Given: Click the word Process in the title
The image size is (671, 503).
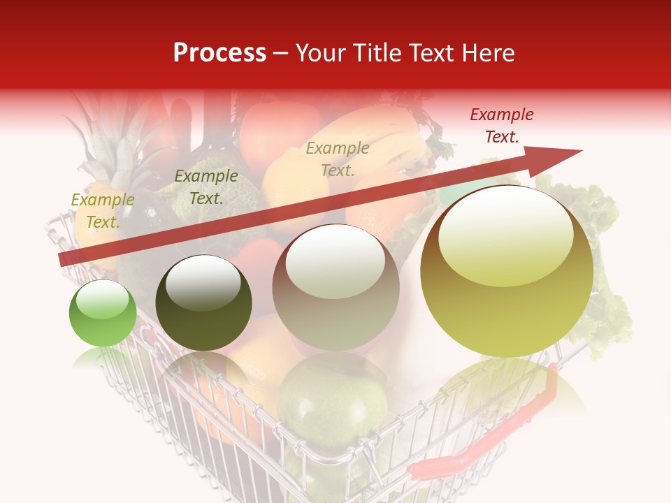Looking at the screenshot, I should (x=219, y=53).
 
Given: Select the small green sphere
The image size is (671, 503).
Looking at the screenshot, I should (x=103, y=314).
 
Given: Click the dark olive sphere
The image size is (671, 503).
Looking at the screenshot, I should (x=203, y=303).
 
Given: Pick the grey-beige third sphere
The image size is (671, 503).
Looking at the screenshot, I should (x=335, y=288).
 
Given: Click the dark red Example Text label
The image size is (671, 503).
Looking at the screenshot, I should (x=501, y=126).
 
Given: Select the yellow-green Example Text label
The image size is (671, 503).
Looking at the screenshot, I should (x=102, y=210).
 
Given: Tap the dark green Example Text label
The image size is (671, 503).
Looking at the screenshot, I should (x=205, y=187).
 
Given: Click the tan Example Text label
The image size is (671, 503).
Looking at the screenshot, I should (x=338, y=159).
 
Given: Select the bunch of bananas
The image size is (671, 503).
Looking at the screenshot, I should (x=391, y=140).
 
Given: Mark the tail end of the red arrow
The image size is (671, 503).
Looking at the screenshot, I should (x=64, y=260).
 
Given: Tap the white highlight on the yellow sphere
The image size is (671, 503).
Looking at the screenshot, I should (x=505, y=234).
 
